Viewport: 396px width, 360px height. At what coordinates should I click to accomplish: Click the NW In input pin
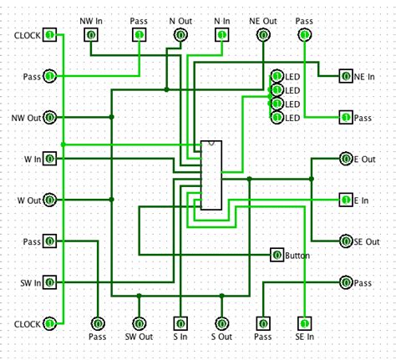coord(90,35)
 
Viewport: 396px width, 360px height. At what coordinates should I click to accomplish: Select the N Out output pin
coord(180,35)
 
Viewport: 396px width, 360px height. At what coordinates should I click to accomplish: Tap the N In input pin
coord(221,35)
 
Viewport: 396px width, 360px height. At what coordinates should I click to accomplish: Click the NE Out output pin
coord(263,35)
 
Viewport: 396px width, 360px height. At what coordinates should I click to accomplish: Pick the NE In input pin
coord(346,76)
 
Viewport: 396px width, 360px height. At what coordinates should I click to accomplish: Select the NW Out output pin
coord(49,117)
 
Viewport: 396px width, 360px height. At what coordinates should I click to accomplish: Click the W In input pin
coord(49,158)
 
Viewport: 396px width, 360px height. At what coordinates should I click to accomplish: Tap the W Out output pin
coord(49,200)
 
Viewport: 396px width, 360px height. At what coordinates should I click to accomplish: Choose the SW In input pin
coord(49,281)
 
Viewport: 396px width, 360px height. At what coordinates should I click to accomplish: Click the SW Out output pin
coord(139,322)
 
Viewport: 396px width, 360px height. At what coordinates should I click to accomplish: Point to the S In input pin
coord(180,322)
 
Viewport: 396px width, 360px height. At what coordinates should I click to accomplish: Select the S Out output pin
coord(221,322)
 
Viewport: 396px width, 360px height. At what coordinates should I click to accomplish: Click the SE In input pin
coord(305,322)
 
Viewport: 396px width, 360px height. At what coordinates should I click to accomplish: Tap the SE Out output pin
coord(346,241)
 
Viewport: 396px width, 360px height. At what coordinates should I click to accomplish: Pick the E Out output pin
coord(346,158)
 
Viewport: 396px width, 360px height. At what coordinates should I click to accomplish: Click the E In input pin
coord(346,200)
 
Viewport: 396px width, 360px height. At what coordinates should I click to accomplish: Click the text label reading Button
coord(298,256)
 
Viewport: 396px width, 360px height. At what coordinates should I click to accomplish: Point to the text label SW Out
coord(139,337)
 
